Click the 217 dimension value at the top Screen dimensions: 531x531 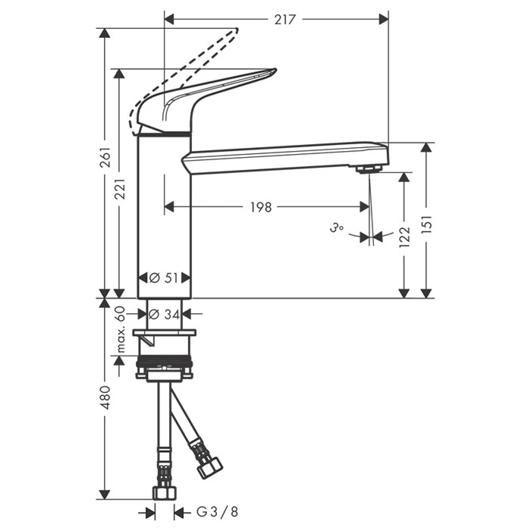(x=284, y=20)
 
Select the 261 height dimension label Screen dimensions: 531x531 (x=106, y=157)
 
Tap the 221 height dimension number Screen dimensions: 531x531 (x=120, y=189)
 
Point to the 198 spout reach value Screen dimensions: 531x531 (x=261, y=207)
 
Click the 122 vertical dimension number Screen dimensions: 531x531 (x=404, y=237)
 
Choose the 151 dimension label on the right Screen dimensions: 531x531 (x=426, y=224)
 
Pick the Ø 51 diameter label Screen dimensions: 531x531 (x=164, y=278)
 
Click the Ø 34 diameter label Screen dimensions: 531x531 (x=165, y=315)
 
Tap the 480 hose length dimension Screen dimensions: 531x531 (x=106, y=397)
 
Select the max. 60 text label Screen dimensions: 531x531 (x=120, y=329)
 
